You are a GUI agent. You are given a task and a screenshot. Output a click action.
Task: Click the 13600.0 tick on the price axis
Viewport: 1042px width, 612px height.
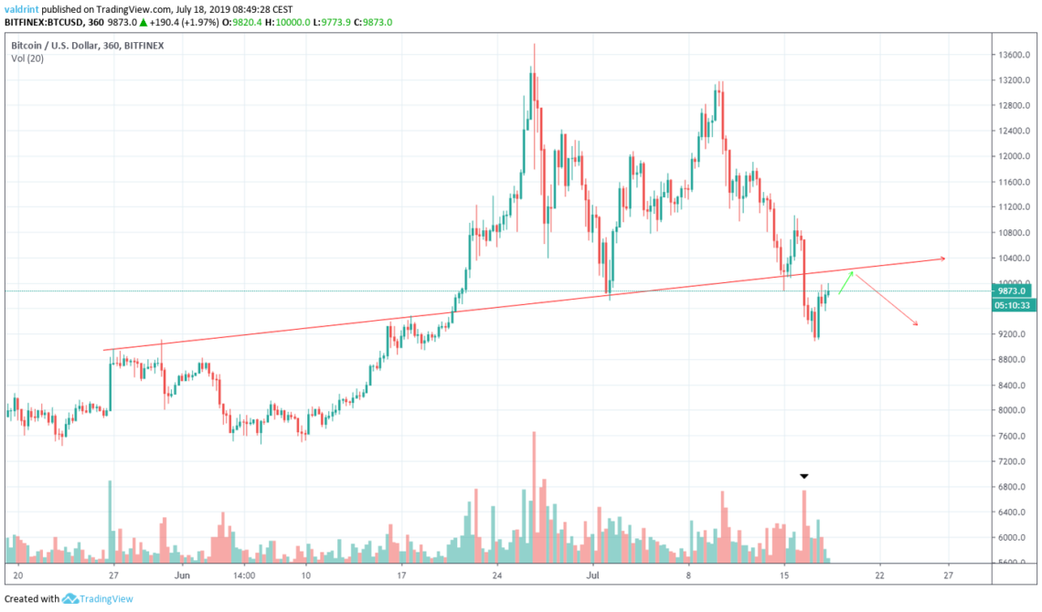tap(1015, 55)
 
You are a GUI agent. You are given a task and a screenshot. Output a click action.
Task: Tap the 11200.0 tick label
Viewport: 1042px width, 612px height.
tap(1015, 207)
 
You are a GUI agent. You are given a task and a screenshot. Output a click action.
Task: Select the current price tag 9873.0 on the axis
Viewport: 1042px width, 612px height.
tap(1015, 291)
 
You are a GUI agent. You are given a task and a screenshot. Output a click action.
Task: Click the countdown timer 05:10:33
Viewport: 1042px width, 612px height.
tap(1015, 306)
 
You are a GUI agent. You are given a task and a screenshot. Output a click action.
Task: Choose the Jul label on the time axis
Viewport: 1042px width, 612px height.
tap(592, 576)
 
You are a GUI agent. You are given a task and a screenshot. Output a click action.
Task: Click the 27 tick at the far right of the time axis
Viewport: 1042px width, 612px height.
tap(948, 576)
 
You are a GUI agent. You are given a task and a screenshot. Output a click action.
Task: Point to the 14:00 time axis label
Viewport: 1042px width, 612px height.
tap(244, 576)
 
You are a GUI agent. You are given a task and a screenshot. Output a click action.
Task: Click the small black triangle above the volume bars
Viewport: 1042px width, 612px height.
tap(803, 476)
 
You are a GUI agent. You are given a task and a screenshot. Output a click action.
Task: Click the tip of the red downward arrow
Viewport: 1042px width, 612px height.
tap(917, 325)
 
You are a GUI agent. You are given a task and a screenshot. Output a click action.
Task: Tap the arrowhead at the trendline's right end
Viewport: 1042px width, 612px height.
tap(942, 259)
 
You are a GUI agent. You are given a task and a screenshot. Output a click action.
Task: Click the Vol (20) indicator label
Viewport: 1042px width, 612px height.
tap(28, 58)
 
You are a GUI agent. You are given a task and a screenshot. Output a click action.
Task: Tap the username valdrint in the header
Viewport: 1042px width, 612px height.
tap(21, 8)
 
